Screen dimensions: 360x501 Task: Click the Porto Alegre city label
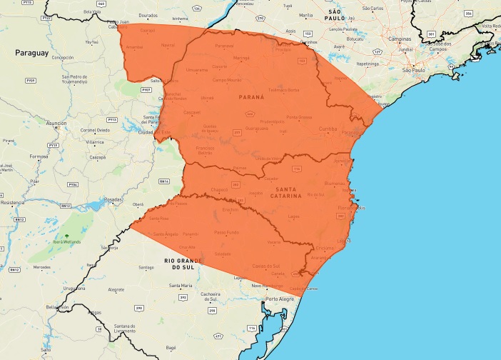pyautogui.click(x=280, y=299)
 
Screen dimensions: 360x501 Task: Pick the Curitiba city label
pyautogui.click(x=328, y=129)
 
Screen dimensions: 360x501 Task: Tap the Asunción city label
pyautogui.click(x=56, y=123)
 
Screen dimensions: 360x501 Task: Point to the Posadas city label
pyautogui.click(x=113, y=200)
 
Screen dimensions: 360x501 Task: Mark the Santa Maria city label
pyautogui.click(x=180, y=286)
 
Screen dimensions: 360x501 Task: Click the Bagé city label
pyautogui.click(x=171, y=347)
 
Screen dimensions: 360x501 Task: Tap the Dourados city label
pyautogui.click(x=148, y=14)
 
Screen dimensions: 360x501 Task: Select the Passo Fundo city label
pyautogui.click(x=226, y=232)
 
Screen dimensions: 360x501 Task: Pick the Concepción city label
pyautogui.click(x=63, y=57)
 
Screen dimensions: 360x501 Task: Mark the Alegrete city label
pyautogui.click(x=116, y=290)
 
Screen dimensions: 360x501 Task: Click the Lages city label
pyautogui.click(x=293, y=216)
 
